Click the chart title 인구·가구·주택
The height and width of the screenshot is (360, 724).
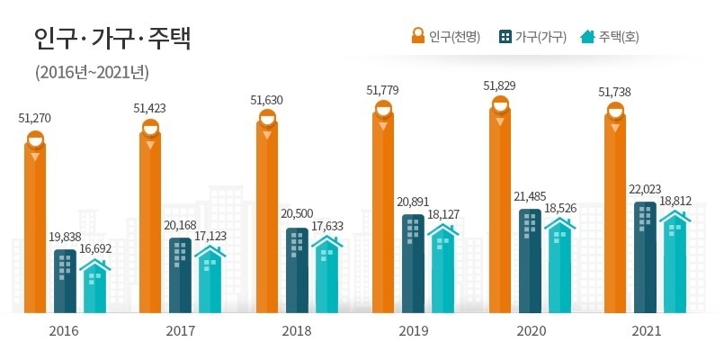112,39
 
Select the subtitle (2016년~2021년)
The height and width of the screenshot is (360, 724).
92,72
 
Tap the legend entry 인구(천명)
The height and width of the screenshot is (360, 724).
446,37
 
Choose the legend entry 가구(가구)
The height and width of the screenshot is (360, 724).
532,37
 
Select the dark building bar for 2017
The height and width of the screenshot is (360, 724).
180,274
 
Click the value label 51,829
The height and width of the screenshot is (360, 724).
500,85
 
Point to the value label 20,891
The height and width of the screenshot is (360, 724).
415,202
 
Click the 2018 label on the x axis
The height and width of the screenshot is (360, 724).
297,331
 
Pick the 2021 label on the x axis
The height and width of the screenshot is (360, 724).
646,331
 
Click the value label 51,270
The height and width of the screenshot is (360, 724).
35,117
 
